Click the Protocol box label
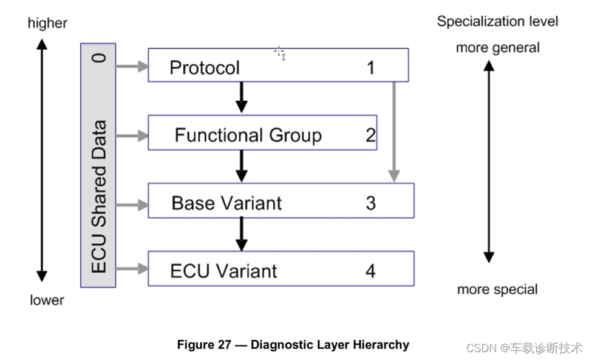[x=204, y=68]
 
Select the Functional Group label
[x=248, y=135]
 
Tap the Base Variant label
[x=226, y=203]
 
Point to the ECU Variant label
[x=223, y=271]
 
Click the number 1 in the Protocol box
[x=370, y=68]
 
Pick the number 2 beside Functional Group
[x=370, y=135]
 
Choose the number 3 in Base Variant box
[x=370, y=203]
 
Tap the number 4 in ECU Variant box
[x=370, y=271]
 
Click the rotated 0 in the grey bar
[x=99, y=58]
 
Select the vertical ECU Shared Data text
[x=99, y=196]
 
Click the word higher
[x=47, y=24]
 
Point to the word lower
[x=47, y=301]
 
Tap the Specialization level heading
[x=497, y=21]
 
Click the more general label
[x=498, y=48]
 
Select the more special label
[x=497, y=290]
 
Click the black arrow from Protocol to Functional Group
[x=242, y=97]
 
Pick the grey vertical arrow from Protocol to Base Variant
[x=394, y=132]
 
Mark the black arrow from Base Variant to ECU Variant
[x=242, y=234]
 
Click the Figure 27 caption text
[x=293, y=345]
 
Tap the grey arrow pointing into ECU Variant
[x=132, y=269]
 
